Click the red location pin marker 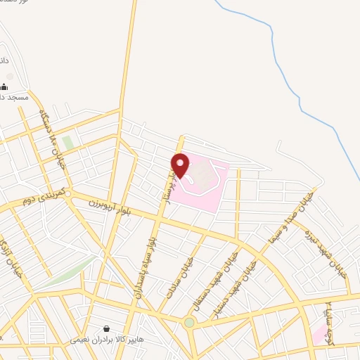coord(181,165)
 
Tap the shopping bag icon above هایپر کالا coord(105,328)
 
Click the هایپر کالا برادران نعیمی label coord(106,340)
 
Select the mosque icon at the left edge coord(4,86)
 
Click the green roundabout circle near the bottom coord(189,323)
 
